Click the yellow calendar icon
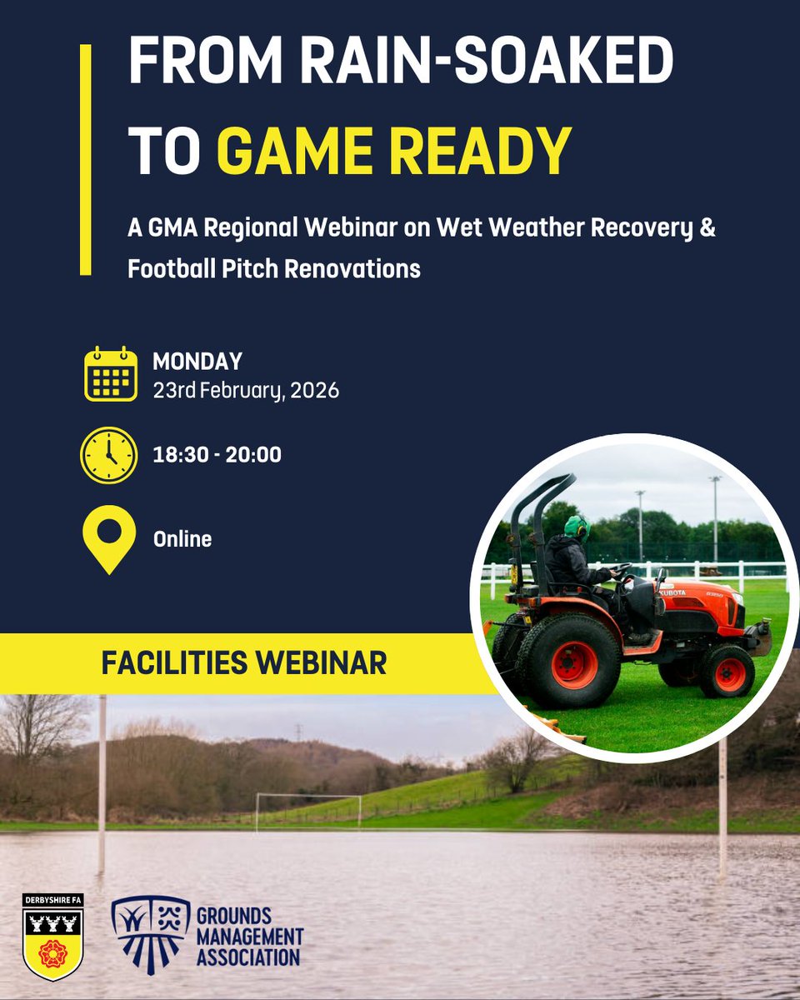pyautogui.click(x=111, y=374)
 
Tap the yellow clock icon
pyautogui.click(x=108, y=455)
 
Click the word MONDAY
pyautogui.click(x=197, y=362)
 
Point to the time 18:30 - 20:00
pyautogui.click(x=217, y=455)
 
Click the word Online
pyautogui.click(x=182, y=539)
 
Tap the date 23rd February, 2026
pyautogui.click(x=246, y=390)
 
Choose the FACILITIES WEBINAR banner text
pyautogui.click(x=243, y=663)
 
